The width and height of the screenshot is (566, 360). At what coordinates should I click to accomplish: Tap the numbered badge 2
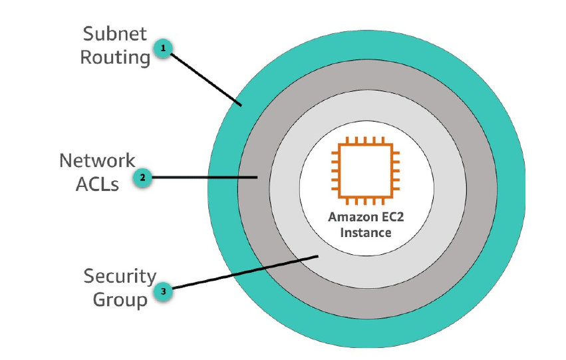143,177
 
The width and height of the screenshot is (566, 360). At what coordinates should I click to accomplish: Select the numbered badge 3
163,291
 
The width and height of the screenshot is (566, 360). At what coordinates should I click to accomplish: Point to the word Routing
116,57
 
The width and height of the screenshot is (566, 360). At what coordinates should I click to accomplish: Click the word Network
97,160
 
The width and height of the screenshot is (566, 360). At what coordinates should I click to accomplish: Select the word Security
120,275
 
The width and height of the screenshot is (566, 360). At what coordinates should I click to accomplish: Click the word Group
120,299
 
